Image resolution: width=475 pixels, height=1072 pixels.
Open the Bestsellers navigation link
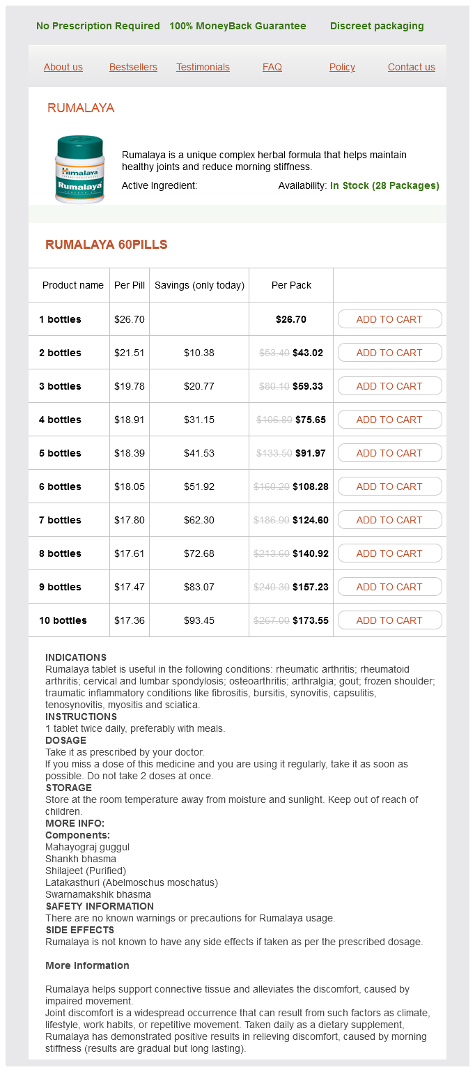[133, 67]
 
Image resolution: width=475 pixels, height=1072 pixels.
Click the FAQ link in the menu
[272, 67]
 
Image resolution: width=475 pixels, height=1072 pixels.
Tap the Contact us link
[411, 67]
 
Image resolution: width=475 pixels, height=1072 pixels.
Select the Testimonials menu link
[203, 67]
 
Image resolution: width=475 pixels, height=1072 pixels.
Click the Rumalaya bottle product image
[79, 169]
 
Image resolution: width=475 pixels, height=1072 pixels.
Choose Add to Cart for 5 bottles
[389, 453]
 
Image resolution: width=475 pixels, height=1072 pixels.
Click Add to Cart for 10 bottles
[389, 620]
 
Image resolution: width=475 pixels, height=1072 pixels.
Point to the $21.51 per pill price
[130, 353]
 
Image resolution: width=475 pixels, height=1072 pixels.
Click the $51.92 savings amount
[199, 487]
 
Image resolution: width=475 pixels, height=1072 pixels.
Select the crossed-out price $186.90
[272, 520]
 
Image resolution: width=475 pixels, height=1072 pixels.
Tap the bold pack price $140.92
[311, 553]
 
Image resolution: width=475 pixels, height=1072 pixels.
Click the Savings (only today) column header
[199, 285]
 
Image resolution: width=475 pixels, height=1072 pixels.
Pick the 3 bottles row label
[60, 386]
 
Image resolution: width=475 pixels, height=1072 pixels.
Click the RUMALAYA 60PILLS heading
[107, 245]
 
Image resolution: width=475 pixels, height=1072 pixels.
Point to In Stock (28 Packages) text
[384, 185]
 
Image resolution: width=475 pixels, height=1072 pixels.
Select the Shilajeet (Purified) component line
[86, 871]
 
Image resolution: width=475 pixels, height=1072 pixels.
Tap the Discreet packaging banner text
[377, 26]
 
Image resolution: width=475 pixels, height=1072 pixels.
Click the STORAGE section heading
[68, 788]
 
